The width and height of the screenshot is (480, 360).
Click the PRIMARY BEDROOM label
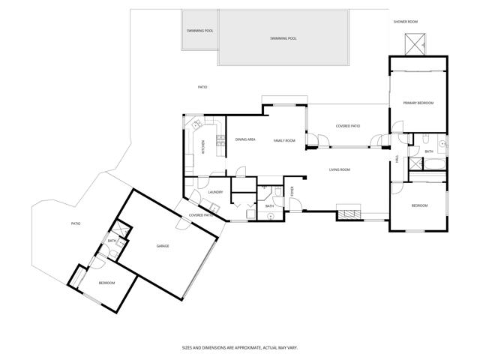[x=418, y=103]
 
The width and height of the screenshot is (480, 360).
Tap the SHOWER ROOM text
[x=405, y=22]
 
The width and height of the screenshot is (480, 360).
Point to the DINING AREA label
[x=245, y=140]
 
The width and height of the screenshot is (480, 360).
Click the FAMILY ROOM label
[x=283, y=141]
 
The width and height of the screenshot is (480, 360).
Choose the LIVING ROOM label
[x=340, y=169]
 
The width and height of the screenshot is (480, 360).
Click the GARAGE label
[x=162, y=246]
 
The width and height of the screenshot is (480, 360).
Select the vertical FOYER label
[x=293, y=191]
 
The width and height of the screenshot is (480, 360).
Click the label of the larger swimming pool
[x=283, y=38]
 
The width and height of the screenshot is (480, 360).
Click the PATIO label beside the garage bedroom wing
[x=76, y=223]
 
